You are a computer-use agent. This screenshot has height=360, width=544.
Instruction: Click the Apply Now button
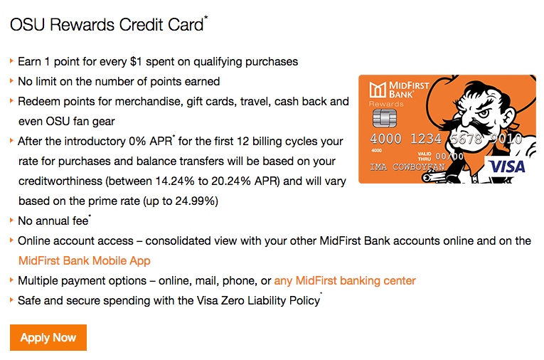click(48, 337)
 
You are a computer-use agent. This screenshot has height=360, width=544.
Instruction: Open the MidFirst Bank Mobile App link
click(85, 260)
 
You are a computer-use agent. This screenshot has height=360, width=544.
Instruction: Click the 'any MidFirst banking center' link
click(345, 280)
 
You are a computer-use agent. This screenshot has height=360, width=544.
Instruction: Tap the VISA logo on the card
click(507, 166)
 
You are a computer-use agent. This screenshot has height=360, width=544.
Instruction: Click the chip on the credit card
click(385, 118)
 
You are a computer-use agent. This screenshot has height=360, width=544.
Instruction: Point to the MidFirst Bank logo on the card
click(399, 90)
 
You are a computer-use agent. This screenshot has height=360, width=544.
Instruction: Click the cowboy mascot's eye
click(483, 113)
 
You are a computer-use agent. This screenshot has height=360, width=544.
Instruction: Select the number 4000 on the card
click(386, 139)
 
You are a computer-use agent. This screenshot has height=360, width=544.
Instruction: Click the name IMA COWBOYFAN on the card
click(407, 167)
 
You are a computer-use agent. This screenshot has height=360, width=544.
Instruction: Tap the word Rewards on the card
click(386, 104)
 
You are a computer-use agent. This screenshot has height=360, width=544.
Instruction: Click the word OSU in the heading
click(28, 25)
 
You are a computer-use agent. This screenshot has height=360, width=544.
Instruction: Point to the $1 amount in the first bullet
click(136, 61)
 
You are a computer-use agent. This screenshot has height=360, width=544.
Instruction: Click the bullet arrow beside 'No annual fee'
click(11, 220)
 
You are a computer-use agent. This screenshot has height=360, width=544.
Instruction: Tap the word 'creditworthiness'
click(60, 181)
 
